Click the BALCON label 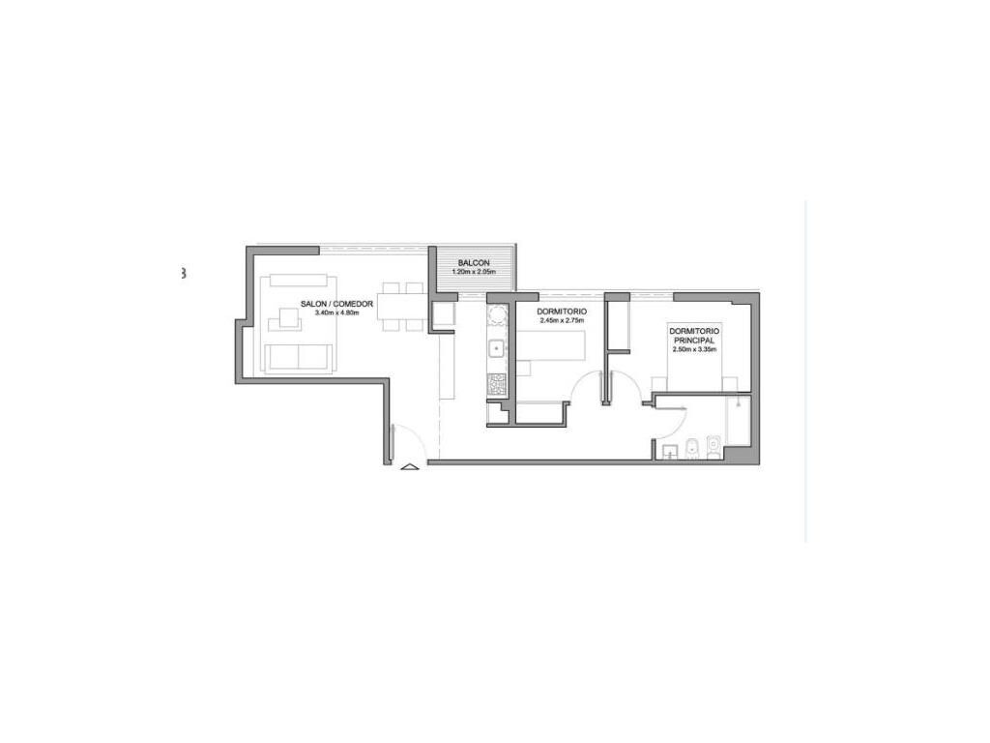click(x=474, y=263)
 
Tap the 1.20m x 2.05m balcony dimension click(x=474, y=272)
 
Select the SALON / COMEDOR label click(x=336, y=304)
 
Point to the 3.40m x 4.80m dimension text click(x=336, y=312)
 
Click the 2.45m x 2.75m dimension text click(x=562, y=320)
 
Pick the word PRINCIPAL click(x=693, y=340)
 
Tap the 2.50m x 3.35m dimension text click(x=693, y=348)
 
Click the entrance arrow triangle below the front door click(x=409, y=467)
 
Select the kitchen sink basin click(x=497, y=348)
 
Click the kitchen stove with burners click(x=497, y=384)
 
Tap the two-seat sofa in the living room click(x=299, y=358)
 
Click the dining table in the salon click(x=402, y=307)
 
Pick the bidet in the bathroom click(x=691, y=447)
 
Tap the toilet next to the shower click(x=714, y=447)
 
